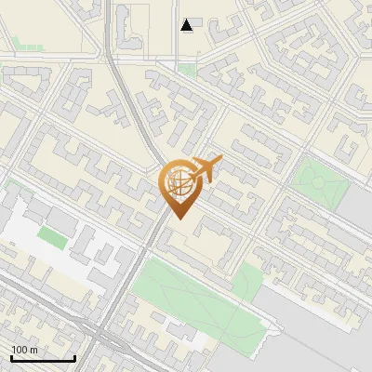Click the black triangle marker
[187, 25]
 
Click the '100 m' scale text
[24, 350]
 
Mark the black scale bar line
[43, 358]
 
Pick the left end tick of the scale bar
[11, 357]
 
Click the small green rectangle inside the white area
[53, 238]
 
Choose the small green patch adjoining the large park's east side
[246, 280]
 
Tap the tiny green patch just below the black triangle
[188, 68]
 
